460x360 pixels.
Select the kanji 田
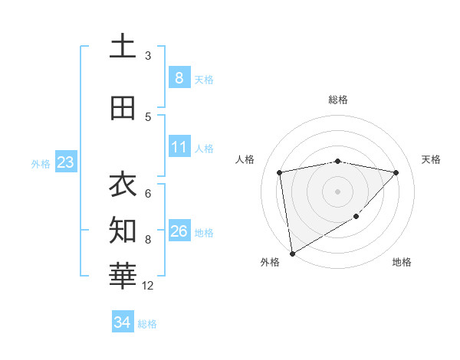click(x=123, y=108)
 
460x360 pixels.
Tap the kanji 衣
click(x=123, y=184)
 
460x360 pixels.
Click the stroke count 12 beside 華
click(x=148, y=286)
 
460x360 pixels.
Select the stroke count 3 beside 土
click(x=148, y=56)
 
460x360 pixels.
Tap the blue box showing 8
click(x=179, y=78)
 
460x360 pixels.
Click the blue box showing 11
click(x=179, y=147)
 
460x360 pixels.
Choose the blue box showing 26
click(x=179, y=231)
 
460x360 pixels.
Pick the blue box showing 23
click(x=65, y=162)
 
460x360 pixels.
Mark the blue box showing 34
click(x=122, y=323)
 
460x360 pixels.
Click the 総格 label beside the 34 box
click(x=147, y=324)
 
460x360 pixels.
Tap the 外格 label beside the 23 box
click(x=41, y=163)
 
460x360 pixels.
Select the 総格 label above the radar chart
click(x=337, y=100)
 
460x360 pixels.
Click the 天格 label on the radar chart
click(x=431, y=159)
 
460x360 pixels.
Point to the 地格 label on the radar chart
click(x=402, y=262)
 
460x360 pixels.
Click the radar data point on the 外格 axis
click(x=291, y=253)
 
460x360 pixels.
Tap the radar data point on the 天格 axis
click(x=396, y=172)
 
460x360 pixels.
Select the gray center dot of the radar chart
click(x=337, y=191)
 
